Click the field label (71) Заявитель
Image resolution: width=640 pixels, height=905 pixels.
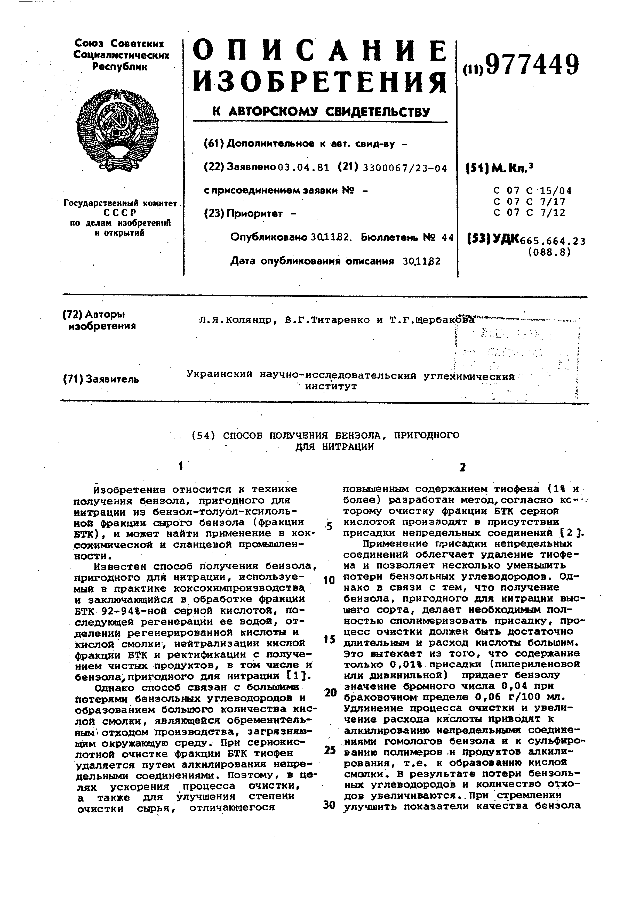click(x=101, y=379)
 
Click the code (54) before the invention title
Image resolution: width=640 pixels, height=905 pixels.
click(x=203, y=436)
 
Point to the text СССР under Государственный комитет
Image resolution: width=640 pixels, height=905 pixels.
click(x=120, y=213)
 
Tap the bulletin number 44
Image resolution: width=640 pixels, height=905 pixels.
click(x=448, y=237)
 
